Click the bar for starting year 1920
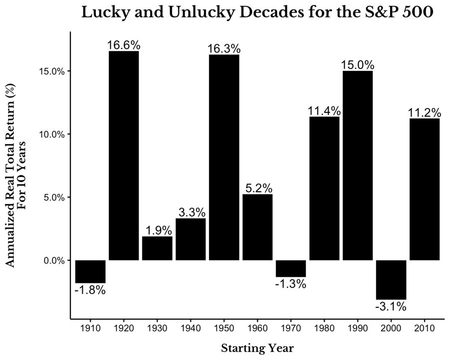pyautogui.click(x=124, y=156)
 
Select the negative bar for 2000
pyautogui.click(x=391, y=280)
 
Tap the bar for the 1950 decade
pyautogui.click(x=224, y=157)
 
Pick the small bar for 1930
pyautogui.click(x=157, y=248)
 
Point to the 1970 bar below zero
pyautogui.click(x=291, y=269)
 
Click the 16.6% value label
pyautogui.click(x=124, y=45)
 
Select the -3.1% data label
pyautogui.click(x=391, y=307)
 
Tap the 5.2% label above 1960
pyautogui.click(x=259, y=188)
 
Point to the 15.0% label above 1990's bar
pyautogui.click(x=358, y=65)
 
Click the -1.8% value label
pyautogui.click(x=90, y=290)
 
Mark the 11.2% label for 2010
pyautogui.click(x=425, y=113)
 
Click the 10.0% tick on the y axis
pyautogui.click(x=52, y=134)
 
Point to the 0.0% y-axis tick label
pyautogui.click(x=54, y=260)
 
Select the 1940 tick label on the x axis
pyautogui.click(x=191, y=328)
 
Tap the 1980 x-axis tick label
pyautogui.click(x=324, y=328)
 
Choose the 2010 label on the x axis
pyautogui.click(x=425, y=328)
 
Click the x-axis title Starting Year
pyautogui.click(x=257, y=348)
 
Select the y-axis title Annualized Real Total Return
pyautogui.click(x=10, y=175)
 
